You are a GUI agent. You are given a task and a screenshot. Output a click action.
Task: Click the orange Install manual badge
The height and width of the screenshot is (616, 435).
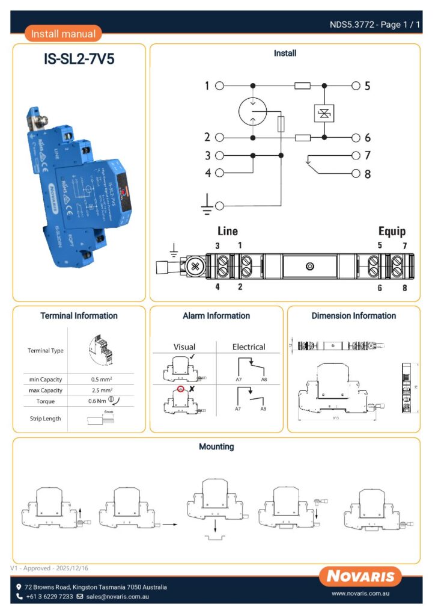63,34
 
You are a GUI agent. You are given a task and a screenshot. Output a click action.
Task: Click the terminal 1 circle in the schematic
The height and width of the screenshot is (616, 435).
219,86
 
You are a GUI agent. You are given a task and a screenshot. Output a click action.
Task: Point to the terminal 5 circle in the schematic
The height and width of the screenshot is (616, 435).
356,86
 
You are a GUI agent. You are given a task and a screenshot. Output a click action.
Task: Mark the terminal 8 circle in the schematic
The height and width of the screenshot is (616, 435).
356,174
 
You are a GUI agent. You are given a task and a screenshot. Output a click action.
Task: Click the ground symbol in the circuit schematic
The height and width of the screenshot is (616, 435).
207,206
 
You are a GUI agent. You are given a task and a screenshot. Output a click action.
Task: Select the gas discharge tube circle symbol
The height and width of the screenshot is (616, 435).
252,111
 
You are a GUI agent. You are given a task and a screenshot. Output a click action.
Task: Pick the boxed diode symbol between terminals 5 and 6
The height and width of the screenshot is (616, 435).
324,113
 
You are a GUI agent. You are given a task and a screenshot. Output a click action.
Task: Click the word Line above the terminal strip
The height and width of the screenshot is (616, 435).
227,231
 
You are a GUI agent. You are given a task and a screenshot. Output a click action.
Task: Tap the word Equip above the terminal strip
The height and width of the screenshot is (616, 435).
392,231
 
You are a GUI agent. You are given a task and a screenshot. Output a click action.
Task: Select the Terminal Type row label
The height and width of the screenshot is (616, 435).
46,351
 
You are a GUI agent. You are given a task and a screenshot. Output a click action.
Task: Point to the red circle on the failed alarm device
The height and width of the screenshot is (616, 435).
180,389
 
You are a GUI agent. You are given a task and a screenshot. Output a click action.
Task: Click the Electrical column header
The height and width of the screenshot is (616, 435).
249,347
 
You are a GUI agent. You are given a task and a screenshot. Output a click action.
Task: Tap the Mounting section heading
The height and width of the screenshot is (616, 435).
216,447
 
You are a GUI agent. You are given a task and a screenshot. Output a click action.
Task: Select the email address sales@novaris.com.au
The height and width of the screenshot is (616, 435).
117,597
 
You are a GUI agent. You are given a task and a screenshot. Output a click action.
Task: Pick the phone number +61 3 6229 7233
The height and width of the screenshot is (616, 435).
49,597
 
